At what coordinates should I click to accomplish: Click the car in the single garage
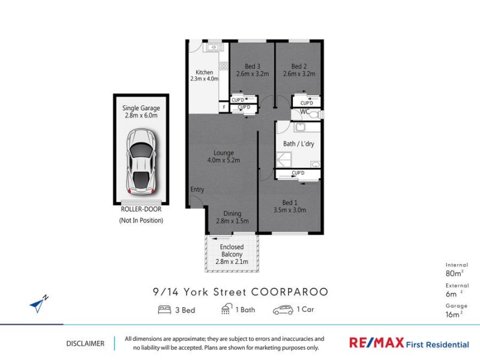(141, 164)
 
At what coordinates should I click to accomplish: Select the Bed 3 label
(252, 70)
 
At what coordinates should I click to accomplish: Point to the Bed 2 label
(299, 70)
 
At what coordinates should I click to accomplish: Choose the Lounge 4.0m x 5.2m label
(224, 157)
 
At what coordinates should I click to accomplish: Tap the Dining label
(232, 217)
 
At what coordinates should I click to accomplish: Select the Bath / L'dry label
(298, 144)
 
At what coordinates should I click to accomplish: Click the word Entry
(197, 190)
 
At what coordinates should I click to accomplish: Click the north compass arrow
(38, 305)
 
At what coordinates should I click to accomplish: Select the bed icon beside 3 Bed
(164, 310)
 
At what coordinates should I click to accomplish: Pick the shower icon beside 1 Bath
(226, 310)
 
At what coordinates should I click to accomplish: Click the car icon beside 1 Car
(283, 310)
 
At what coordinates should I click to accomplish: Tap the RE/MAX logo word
(377, 343)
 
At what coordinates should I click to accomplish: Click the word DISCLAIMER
(85, 344)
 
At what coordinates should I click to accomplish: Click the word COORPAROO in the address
(290, 292)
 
